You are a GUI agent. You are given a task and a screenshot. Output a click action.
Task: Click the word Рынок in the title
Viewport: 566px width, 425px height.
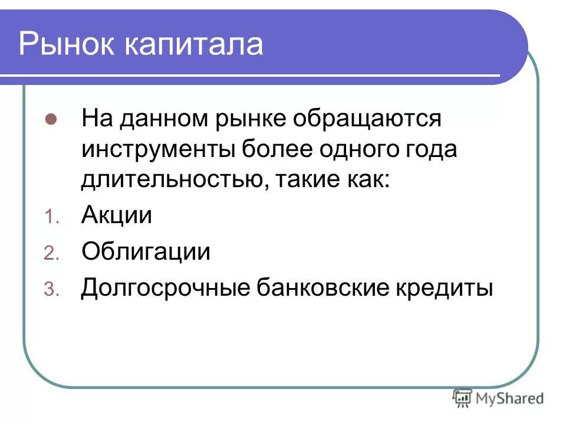(x=65, y=45)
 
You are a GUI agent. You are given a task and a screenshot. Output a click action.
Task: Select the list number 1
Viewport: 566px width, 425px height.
(x=50, y=218)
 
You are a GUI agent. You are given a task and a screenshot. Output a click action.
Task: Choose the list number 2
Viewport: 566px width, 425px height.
(x=50, y=254)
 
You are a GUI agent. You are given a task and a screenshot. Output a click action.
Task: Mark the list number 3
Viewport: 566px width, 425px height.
(x=50, y=290)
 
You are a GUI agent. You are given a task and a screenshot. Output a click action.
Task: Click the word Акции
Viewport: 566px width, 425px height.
(x=117, y=215)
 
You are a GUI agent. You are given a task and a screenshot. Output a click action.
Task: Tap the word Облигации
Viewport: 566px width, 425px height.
(x=146, y=252)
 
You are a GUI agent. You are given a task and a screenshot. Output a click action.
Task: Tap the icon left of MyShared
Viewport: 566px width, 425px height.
(x=462, y=398)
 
